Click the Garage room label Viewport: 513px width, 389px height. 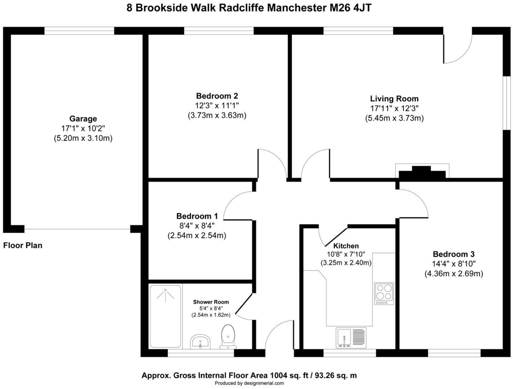[x=83, y=119]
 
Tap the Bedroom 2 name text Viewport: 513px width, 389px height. [x=217, y=96]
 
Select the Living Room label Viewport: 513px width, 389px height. [x=394, y=99]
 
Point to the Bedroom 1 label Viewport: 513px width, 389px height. [x=197, y=216]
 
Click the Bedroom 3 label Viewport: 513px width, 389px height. [x=454, y=254]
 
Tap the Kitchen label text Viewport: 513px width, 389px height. [x=346, y=246]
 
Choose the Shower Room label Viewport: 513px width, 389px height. [x=211, y=302]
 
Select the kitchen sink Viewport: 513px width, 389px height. [x=350, y=338]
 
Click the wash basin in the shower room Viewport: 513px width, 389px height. [x=201, y=341]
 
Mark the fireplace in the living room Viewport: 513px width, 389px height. [x=422, y=172]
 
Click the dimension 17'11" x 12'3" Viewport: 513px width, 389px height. [x=394, y=109]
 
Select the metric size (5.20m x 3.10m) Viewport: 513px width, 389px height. [x=83, y=138]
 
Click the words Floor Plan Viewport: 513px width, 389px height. [x=23, y=245]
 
